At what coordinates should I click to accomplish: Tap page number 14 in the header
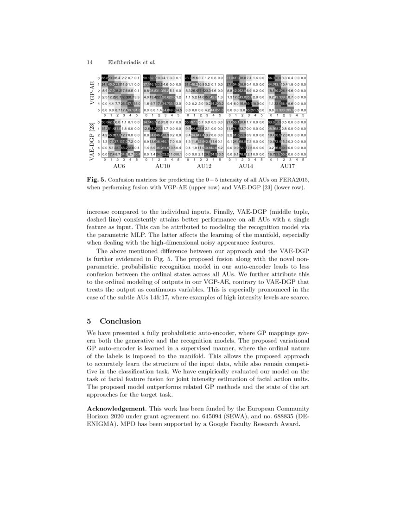pos(91,62)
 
